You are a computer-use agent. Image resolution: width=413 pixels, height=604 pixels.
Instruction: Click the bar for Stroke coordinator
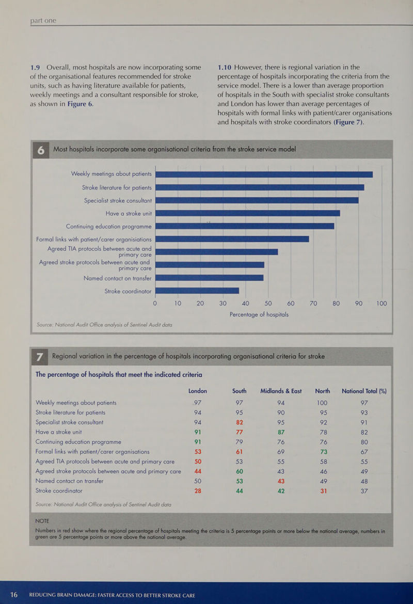click(197, 291)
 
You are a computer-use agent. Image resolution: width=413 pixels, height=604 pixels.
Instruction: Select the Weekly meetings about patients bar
click(264, 174)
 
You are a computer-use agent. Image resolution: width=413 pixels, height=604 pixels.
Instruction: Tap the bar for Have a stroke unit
click(247, 213)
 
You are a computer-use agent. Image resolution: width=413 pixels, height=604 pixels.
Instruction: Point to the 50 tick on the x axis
click(268, 304)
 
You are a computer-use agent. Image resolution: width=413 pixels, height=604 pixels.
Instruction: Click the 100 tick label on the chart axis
click(382, 304)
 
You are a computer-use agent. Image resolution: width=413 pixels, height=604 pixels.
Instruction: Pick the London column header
click(195, 390)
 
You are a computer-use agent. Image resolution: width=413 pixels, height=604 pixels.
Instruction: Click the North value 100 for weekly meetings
click(322, 403)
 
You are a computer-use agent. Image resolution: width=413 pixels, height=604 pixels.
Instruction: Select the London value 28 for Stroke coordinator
click(198, 490)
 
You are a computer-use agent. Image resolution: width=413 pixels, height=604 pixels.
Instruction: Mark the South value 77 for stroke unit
click(239, 432)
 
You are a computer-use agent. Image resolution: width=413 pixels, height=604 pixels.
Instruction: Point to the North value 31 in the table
click(322, 490)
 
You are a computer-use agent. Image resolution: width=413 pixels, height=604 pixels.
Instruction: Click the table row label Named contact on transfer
click(70, 481)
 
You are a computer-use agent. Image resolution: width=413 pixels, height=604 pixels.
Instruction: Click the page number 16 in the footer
click(12, 594)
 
